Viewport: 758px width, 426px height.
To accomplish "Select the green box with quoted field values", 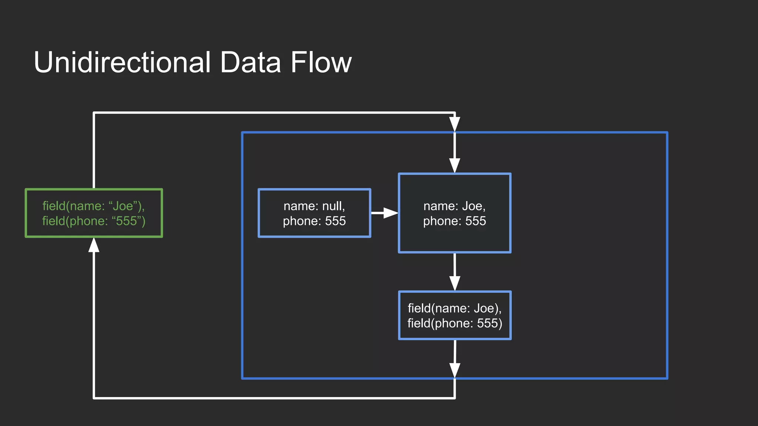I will (94, 213).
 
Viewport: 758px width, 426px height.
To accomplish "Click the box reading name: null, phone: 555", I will (314, 213).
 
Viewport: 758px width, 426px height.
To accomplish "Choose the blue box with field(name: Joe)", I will (455, 315).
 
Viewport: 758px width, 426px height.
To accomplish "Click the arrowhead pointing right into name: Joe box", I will (390, 213).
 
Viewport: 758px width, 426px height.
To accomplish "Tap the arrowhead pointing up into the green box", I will (94, 245).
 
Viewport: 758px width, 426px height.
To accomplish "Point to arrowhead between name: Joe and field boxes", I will (455, 283).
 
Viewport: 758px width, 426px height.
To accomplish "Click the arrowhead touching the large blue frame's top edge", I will (455, 124).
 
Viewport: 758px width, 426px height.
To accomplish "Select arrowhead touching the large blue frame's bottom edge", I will (455, 370).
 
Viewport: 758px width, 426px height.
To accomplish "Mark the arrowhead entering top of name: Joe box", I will (455, 166).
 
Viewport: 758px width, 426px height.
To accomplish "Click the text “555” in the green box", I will (127, 221).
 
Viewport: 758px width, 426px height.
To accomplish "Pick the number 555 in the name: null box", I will (335, 221).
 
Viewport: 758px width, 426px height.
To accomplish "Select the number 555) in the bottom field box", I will (489, 323).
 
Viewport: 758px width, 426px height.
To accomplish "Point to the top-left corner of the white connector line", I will (94, 113).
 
